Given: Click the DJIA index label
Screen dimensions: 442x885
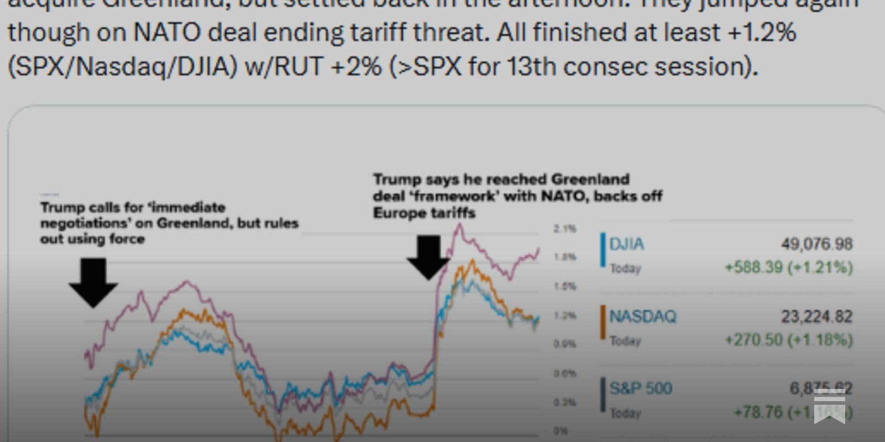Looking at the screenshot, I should point(626,244).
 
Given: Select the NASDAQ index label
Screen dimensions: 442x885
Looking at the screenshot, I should point(642,317).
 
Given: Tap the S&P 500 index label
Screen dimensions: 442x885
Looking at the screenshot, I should point(641,388).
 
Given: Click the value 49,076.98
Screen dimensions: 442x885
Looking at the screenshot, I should point(816,244).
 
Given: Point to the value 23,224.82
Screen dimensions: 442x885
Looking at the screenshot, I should point(816,317).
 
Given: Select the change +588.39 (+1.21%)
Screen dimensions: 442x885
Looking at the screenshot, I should point(789,267).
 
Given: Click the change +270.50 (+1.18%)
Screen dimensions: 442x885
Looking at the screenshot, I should point(789,340).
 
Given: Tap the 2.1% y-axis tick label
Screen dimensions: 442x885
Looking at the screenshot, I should point(565,229).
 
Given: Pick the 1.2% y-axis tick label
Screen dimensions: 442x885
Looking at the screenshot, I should point(565,315).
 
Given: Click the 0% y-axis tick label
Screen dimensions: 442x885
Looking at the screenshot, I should point(560,431).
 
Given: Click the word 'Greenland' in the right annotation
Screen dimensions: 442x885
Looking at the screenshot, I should point(590,180).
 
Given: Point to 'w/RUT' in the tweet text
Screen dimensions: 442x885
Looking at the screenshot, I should point(284,67).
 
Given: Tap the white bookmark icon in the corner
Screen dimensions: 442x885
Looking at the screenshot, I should point(829,406).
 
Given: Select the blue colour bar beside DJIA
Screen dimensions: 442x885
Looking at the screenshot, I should point(603,250).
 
